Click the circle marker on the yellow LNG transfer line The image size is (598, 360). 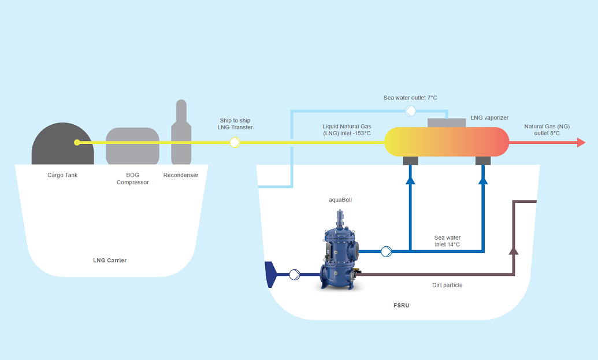[x=235, y=143]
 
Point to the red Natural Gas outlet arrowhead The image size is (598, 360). [x=581, y=143]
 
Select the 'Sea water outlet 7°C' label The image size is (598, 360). [x=410, y=98]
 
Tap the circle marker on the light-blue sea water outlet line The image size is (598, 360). [x=410, y=110]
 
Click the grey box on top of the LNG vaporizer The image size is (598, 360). [x=447, y=123]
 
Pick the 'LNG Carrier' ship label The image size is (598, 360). [x=110, y=261]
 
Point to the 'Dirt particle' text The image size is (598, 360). [x=447, y=285]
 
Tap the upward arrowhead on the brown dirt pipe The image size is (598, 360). [x=513, y=250]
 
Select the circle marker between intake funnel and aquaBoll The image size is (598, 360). [x=294, y=274]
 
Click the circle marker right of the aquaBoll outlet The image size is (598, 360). [x=387, y=251]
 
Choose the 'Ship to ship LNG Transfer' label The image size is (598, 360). [x=235, y=124]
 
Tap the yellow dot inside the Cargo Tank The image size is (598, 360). [x=77, y=143]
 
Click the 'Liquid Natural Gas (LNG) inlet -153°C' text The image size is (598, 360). [x=347, y=129]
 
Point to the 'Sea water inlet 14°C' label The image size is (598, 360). [x=447, y=241]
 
